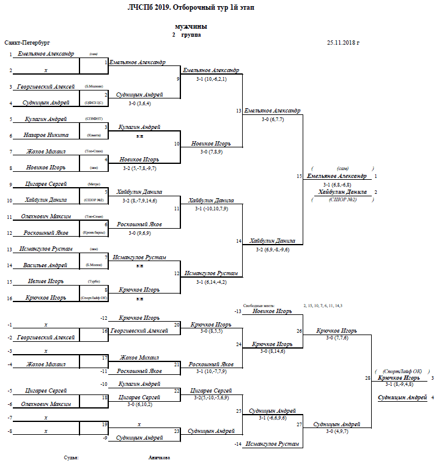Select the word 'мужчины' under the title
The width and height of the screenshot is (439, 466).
point(190,27)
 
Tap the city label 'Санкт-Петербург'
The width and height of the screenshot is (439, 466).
point(27,43)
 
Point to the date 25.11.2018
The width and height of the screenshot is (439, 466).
point(344,43)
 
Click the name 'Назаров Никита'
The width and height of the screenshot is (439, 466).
point(46,135)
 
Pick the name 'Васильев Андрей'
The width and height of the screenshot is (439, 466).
point(46,265)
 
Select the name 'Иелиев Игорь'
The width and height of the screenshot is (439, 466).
point(46,282)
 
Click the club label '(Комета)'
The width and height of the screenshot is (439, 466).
point(93,135)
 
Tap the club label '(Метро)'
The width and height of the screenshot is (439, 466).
point(94,184)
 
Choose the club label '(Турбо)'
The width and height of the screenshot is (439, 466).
point(94,282)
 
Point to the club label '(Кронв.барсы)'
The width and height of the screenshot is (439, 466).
point(94,233)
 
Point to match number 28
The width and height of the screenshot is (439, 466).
point(368,379)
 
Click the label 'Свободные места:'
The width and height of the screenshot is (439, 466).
point(257,305)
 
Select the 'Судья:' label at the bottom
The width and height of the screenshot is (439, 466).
point(72,457)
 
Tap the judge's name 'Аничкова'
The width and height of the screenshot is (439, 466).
point(160,457)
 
